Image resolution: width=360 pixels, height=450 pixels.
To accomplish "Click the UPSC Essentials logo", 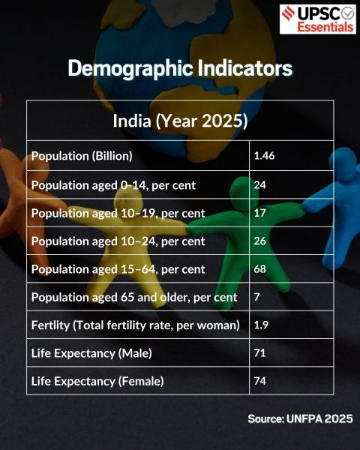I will [x=317, y=19].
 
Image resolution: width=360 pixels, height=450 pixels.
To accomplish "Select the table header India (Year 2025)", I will [x=180, y=120].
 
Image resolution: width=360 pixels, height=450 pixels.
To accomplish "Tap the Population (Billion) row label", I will [x=82, y=156].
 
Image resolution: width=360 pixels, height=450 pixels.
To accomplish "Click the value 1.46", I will [x=265, y=156].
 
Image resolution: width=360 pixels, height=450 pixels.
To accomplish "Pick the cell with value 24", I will [x=260, y=184].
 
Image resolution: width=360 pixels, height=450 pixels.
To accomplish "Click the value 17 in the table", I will [x=260, y=213].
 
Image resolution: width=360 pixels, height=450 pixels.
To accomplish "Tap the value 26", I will [x=260, y=241].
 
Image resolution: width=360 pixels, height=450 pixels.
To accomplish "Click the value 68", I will [x=260, y=269].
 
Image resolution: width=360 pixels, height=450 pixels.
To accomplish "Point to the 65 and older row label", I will [x=134, y=298].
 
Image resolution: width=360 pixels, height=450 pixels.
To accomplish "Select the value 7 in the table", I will [x=257, y=298].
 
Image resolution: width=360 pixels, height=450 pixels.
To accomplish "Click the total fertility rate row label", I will [x=135, y=325].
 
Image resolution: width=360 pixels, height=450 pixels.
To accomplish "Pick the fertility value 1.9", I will [x=262, y=325].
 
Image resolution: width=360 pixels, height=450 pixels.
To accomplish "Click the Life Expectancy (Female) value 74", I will [x=260, y=381].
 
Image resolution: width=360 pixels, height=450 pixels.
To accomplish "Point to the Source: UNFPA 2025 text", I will [x=300, y=418].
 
